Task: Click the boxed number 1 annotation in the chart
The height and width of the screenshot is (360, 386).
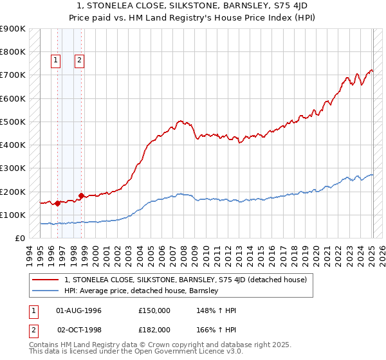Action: click(57, 61)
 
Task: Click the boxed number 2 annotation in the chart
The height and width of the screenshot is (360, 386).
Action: click(79, 61)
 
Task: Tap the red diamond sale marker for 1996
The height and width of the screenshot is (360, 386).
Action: click(57, 204)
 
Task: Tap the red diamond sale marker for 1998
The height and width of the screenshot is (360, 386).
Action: click(81, 196)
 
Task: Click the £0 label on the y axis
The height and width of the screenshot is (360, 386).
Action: click(19, 239)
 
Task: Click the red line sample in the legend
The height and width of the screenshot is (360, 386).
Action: click(45, 280)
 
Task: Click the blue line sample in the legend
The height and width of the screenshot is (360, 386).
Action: click(45, 291)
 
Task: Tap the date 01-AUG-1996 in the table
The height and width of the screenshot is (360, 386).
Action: click(78, 310)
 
